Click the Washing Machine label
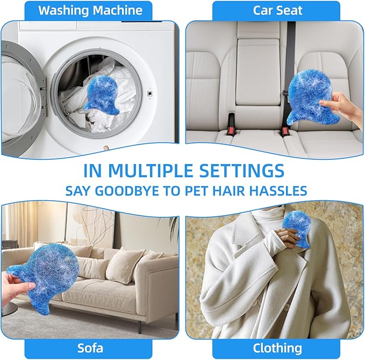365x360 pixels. (90, 10)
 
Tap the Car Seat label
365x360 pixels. (277, 10)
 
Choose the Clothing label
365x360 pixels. (277, 347)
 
